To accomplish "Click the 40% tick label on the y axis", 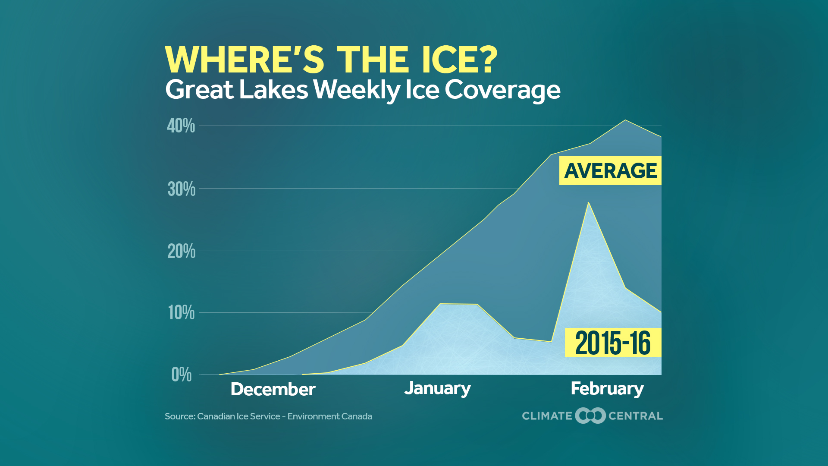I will [x=181, y=126].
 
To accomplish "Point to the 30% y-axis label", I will [x=182, y=189].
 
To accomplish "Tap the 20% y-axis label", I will [x=182, y=251].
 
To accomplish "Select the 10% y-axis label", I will [x=182, y=313].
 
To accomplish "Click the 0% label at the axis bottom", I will [x=182, y=375].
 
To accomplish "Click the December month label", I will [x=273, y=389].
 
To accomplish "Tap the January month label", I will [x=437, y=388].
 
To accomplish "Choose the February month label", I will [x=607, y=388].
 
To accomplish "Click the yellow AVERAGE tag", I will [x=610, y=170].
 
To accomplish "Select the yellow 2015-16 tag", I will [x=613, y=343].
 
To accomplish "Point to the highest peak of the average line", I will [x=625, y=120].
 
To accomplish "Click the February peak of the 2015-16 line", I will [x=588, y=202].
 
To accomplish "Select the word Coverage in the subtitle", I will [x=502, y=90].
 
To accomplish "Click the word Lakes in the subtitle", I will [x=273, y=90].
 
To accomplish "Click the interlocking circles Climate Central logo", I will [x=590, y=416].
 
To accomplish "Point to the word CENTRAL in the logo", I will [x=635, y=416].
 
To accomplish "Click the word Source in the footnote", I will [x=179, y=416].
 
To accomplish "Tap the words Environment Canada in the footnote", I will [x=329, y=416].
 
